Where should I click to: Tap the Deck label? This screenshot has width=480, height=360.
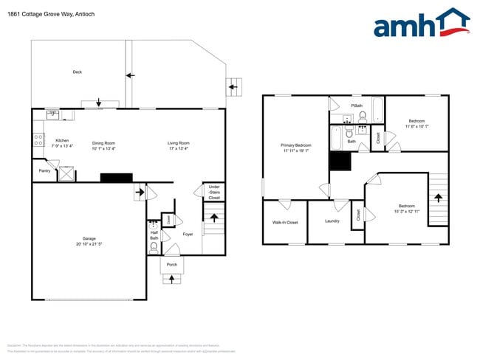click(x=77, y=72)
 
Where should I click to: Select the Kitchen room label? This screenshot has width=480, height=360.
click(x=62, y=140)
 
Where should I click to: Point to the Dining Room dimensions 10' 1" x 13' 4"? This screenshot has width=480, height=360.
click(x=103, y=148)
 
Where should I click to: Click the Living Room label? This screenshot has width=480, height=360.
click(x=178, y=143)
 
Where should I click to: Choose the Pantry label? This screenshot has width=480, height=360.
click(x=44, y=170)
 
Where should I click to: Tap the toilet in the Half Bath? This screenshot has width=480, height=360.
click(x=154, y=226)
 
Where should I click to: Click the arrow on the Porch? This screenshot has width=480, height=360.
click(x=173, y=279)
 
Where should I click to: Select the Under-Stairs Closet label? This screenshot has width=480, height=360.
click(x=213, y=193)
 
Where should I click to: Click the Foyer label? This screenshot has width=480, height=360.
click(x=188, y=235)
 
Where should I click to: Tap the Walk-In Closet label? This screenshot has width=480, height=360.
click(x=285, y=221)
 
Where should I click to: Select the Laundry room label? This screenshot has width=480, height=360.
click(x=332, y=221)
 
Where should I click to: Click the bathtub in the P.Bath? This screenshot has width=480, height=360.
click(x=377, y=110)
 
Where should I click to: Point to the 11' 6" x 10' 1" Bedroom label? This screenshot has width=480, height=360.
click(x=416, y=123)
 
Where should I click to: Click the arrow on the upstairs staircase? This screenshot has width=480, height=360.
click(x=438, y=198)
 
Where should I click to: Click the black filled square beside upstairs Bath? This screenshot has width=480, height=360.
click(x=340, y=162)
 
